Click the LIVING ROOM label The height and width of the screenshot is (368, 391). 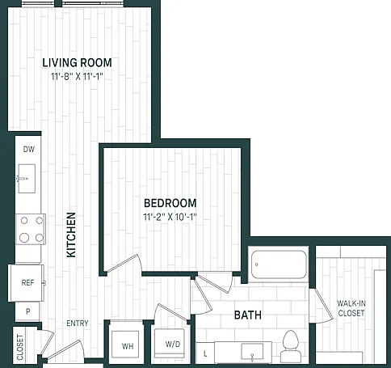pos(78,63)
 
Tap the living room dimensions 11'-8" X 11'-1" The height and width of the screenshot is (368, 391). pos(78,77)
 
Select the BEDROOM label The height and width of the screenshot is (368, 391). pos(170,203)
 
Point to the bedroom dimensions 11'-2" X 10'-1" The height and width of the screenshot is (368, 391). pos(170,217)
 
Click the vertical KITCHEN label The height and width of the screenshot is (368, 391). pos(71,235)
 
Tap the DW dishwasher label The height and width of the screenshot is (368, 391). pos(29,149)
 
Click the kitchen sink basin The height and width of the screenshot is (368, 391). pos(27,179)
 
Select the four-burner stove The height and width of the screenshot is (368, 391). pos(31,229)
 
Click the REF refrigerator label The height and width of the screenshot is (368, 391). pos(27,283)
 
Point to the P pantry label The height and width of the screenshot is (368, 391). pos(27,311)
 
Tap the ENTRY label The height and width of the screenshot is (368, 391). pos(78,323)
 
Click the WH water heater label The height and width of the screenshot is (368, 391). pos(128,346)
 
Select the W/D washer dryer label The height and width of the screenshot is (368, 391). pos(173,345)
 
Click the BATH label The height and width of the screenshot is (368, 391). pos(248,315)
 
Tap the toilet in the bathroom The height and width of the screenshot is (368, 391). pos(290,346)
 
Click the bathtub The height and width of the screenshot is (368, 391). pos(279,264)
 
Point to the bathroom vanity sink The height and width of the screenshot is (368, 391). pos(252,353)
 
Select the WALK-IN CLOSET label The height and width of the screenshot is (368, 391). pos(351,308)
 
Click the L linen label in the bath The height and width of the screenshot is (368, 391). pos(205,353)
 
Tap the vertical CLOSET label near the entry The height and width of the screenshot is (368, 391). pos(20,347)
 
